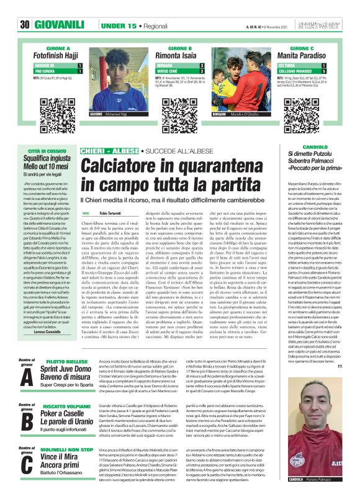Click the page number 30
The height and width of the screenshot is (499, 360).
click(25, 7)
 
